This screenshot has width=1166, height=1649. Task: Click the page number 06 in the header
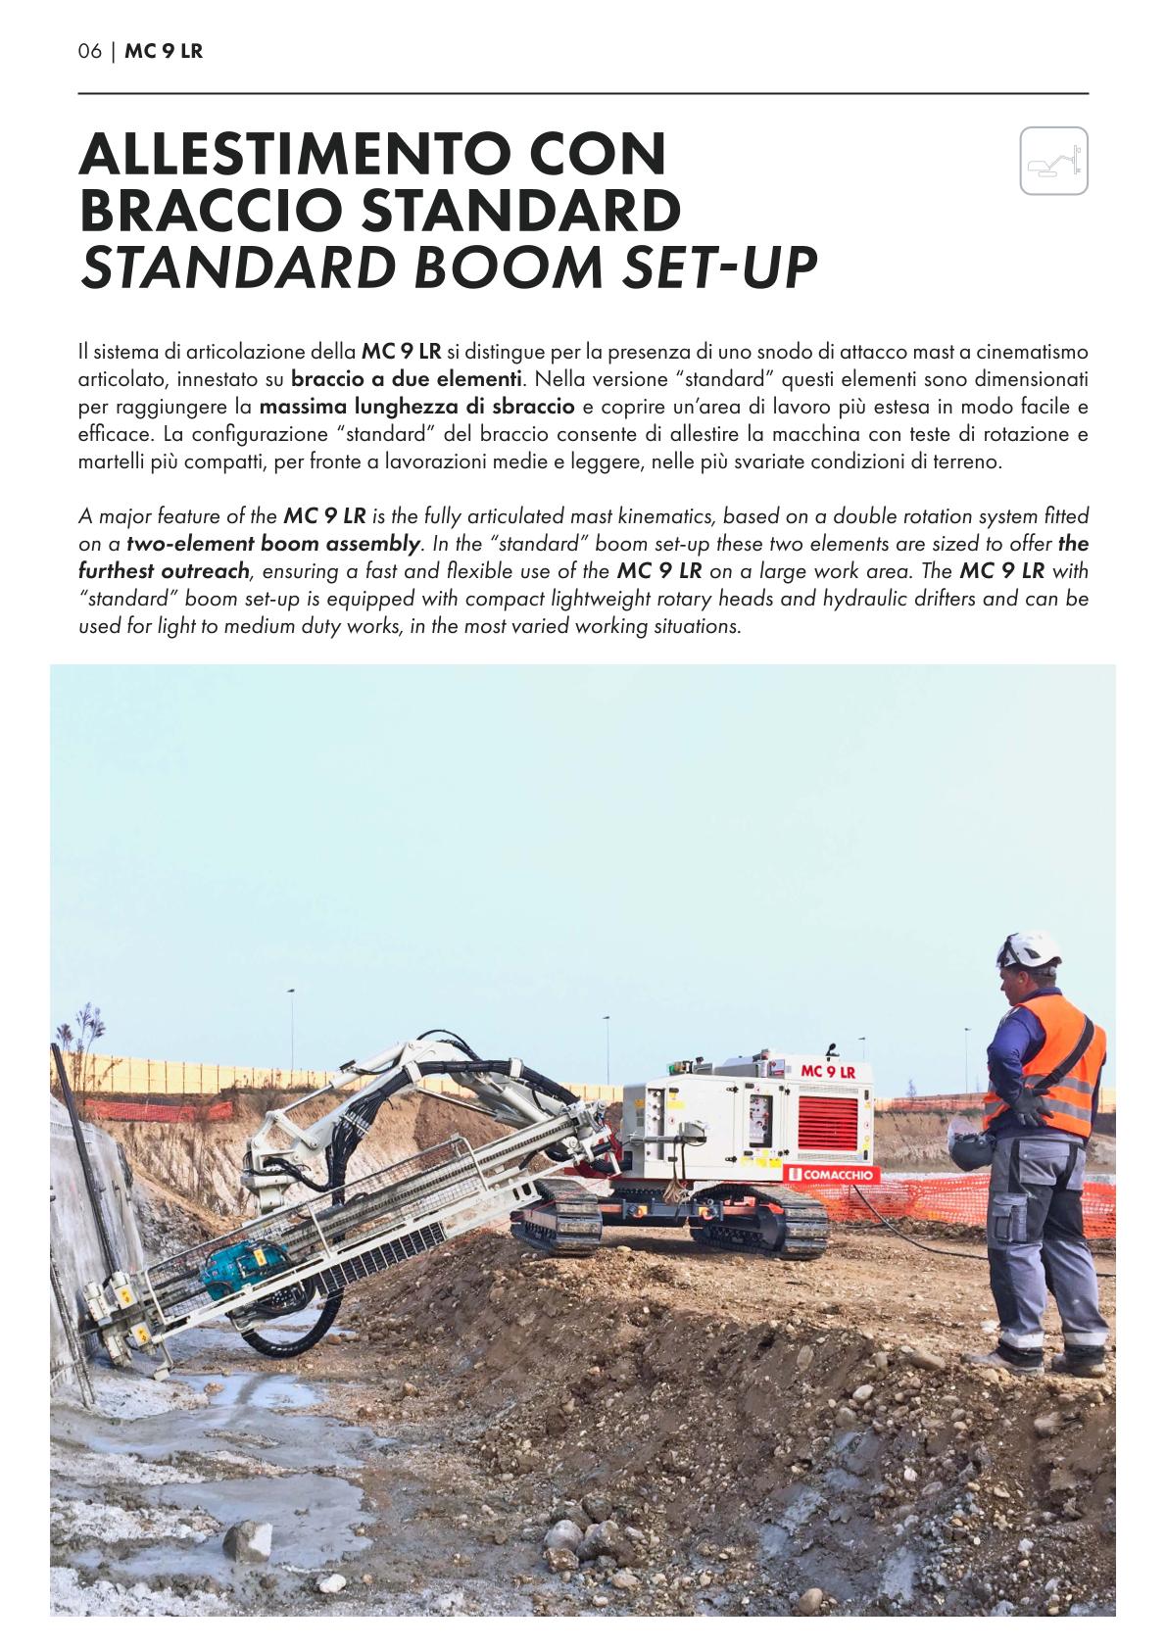(89, 51)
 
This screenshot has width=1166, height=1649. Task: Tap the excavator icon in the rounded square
(1053, 161)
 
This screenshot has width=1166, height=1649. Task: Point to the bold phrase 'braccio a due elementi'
(407, 377)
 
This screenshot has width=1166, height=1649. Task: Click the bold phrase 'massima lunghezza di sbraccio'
(416, 405)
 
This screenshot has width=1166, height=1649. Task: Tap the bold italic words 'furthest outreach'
(164, 570)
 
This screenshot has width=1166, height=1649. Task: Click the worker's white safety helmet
(1028, 948)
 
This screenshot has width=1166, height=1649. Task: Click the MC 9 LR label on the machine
(828, 1071)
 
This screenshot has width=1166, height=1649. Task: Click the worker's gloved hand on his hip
(1028, 1108)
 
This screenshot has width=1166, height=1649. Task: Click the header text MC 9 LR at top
(164, 51)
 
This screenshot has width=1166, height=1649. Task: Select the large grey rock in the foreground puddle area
(246, 1540)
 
